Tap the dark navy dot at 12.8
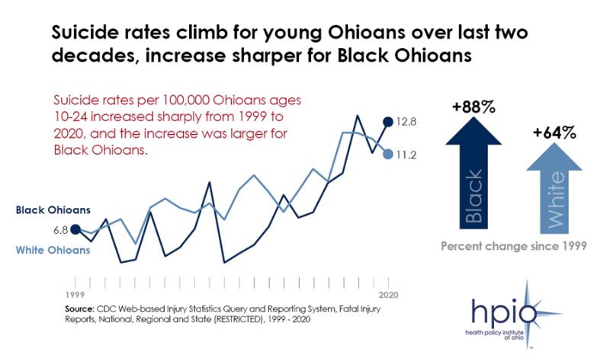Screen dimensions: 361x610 388,121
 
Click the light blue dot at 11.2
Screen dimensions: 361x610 388,155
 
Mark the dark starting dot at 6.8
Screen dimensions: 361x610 75,228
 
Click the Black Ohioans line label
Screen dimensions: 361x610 53,209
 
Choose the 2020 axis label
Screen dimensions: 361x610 388,294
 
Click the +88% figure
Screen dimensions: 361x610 473,107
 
